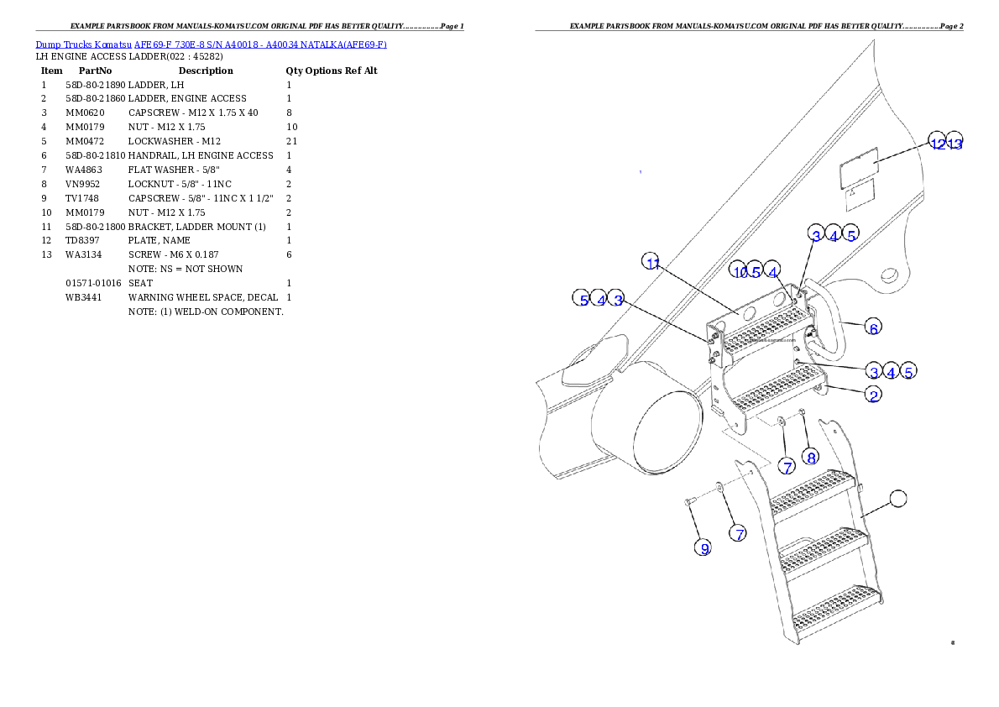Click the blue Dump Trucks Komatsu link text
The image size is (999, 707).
[211, 45]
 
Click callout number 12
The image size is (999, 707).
[937, 142]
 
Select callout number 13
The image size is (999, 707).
[955, 143]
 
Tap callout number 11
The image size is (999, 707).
[652, 262]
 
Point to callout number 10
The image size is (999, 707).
[739, 270]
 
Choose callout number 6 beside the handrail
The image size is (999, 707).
[874, 327]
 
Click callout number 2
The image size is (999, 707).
[874, 395]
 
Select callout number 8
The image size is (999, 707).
[810, 457]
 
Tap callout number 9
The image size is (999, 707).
[704, 547]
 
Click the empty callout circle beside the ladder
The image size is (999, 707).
[897, 498]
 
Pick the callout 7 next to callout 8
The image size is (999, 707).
[787, 466]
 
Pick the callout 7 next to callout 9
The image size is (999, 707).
[737, 532]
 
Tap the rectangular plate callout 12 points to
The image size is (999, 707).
[859, 171]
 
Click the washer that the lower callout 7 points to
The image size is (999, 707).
[720, 486]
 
